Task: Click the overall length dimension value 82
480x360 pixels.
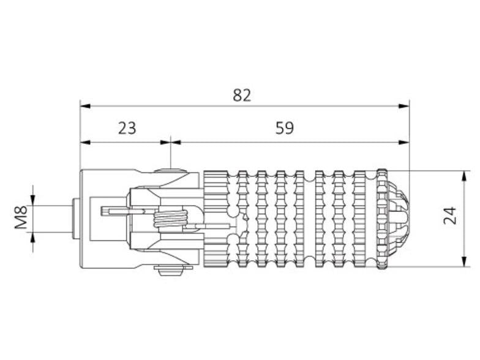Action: [x=242, y=95]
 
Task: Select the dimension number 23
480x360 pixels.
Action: [x=127, y=128]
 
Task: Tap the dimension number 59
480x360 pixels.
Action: [x=284, y=128]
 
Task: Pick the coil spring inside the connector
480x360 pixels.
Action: [x=170, y=217]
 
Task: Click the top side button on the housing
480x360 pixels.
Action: [x=170, y=172]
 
